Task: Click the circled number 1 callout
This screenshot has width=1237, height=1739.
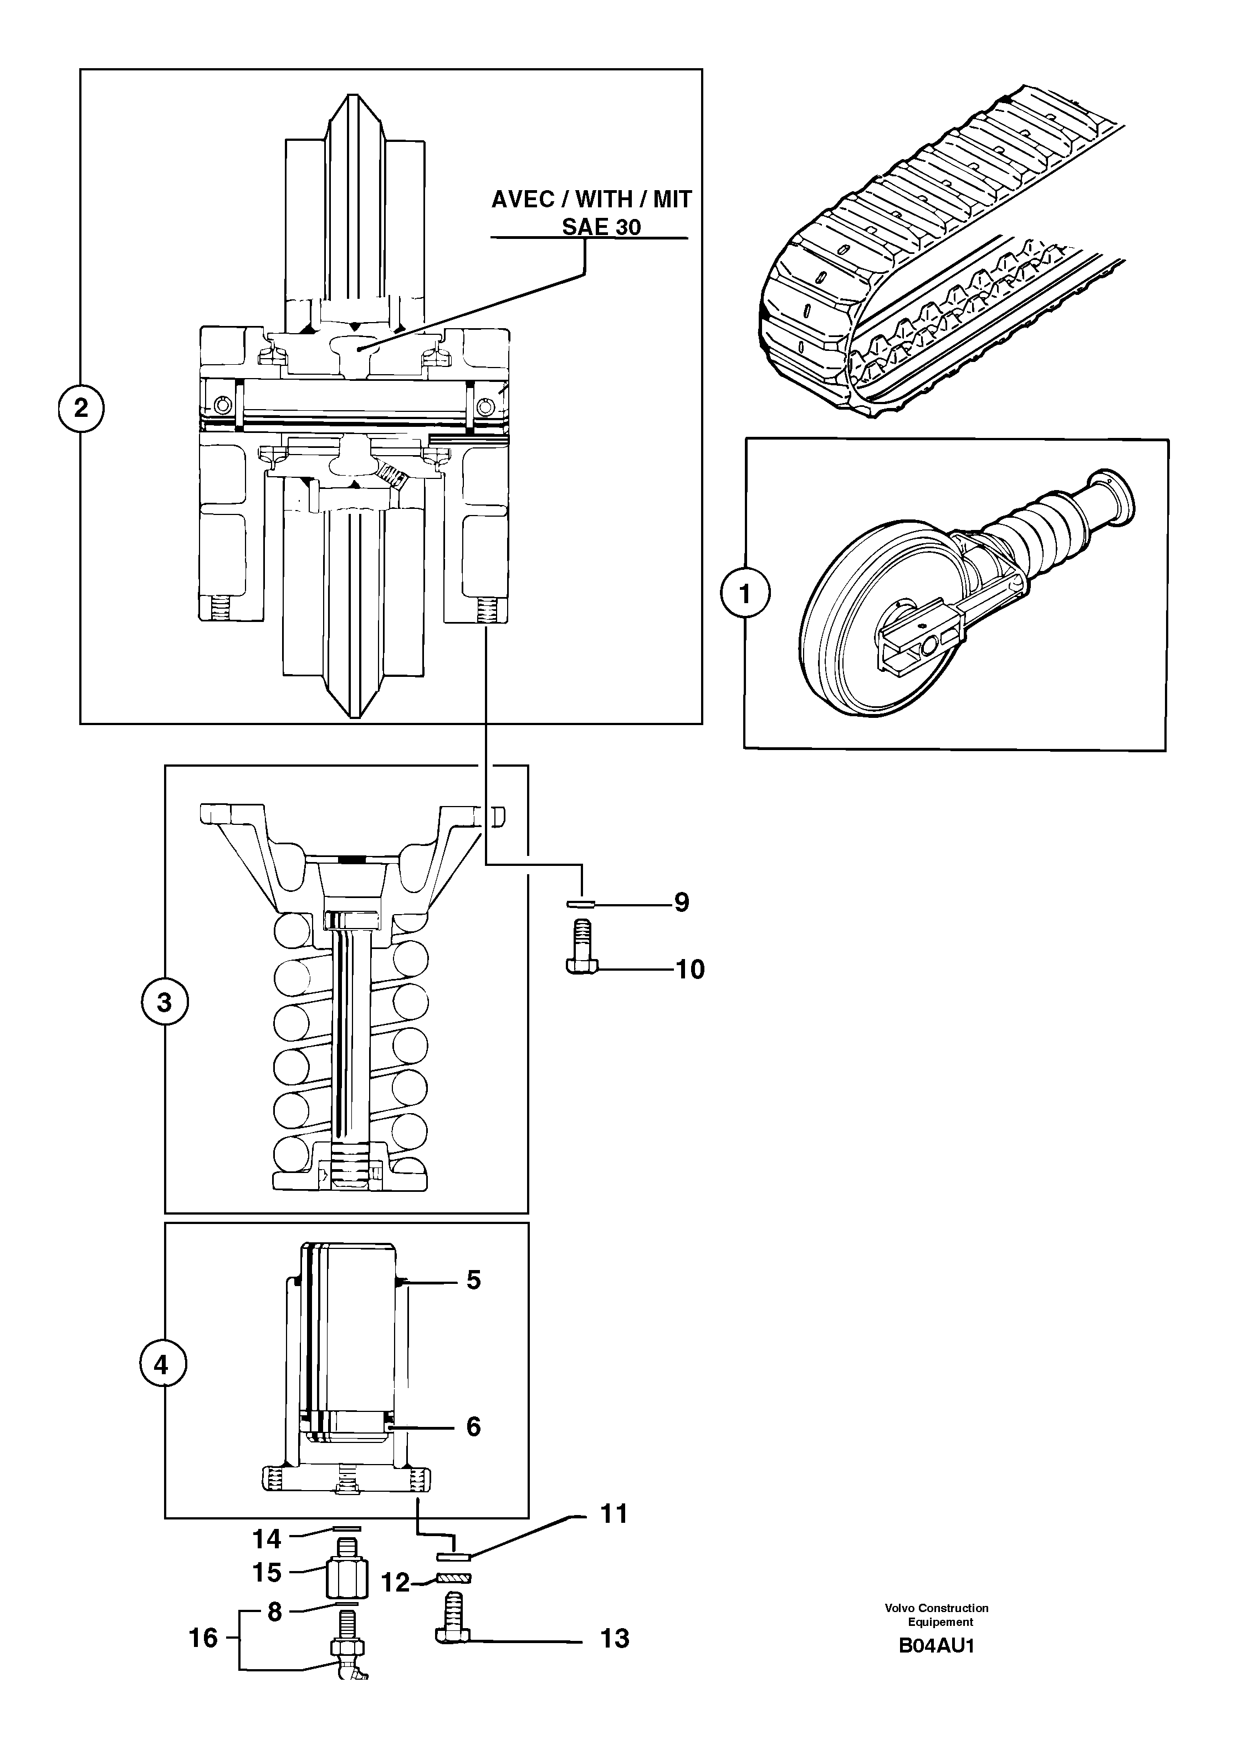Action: tap(745, 593)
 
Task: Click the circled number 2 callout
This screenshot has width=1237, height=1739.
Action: tap(81, 409)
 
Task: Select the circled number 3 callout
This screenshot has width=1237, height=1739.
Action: tap(165, 1002)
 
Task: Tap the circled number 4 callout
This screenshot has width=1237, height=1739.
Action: tap(161, 1365)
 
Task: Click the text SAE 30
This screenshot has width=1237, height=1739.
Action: tap(601, 227)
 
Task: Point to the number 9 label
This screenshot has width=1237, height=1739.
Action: tap(681, 902)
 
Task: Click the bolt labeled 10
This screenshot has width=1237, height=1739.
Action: tap(581, 947)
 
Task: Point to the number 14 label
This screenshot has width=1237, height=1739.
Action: tap(267, 1539)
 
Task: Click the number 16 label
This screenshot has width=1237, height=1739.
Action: tap(203, 1638)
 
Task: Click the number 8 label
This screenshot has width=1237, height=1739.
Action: tap(274, 1612)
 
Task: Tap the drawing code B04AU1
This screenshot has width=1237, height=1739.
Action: tap(936, 1646)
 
